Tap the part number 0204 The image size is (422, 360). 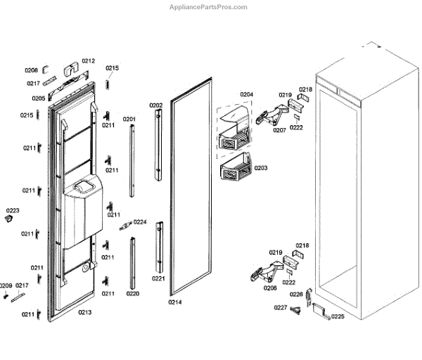[x=246, y=94]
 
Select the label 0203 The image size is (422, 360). [x=260, y=168]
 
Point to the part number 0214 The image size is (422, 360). [x=175, y=302]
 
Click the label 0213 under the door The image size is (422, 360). [x=85, y=311]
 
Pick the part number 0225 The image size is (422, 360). [x=338, y=316]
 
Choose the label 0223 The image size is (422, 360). [x=13, y=211]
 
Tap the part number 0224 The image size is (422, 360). [x=140, y=222]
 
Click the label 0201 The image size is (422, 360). [x=129, y=120]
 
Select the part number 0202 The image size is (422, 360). [x=155, y=105]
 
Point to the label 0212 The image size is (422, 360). [x=88, y=61]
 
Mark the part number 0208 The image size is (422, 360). [x=31, y=70]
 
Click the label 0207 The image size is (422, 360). [x=279, y=130]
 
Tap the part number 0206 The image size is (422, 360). [x=269, y=288]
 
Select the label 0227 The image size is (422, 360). [x=280, y=307]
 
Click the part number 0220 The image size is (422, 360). [x=132, y=293]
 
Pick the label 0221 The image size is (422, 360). [x=158, y=278]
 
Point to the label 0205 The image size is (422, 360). [x=38, y=98]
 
